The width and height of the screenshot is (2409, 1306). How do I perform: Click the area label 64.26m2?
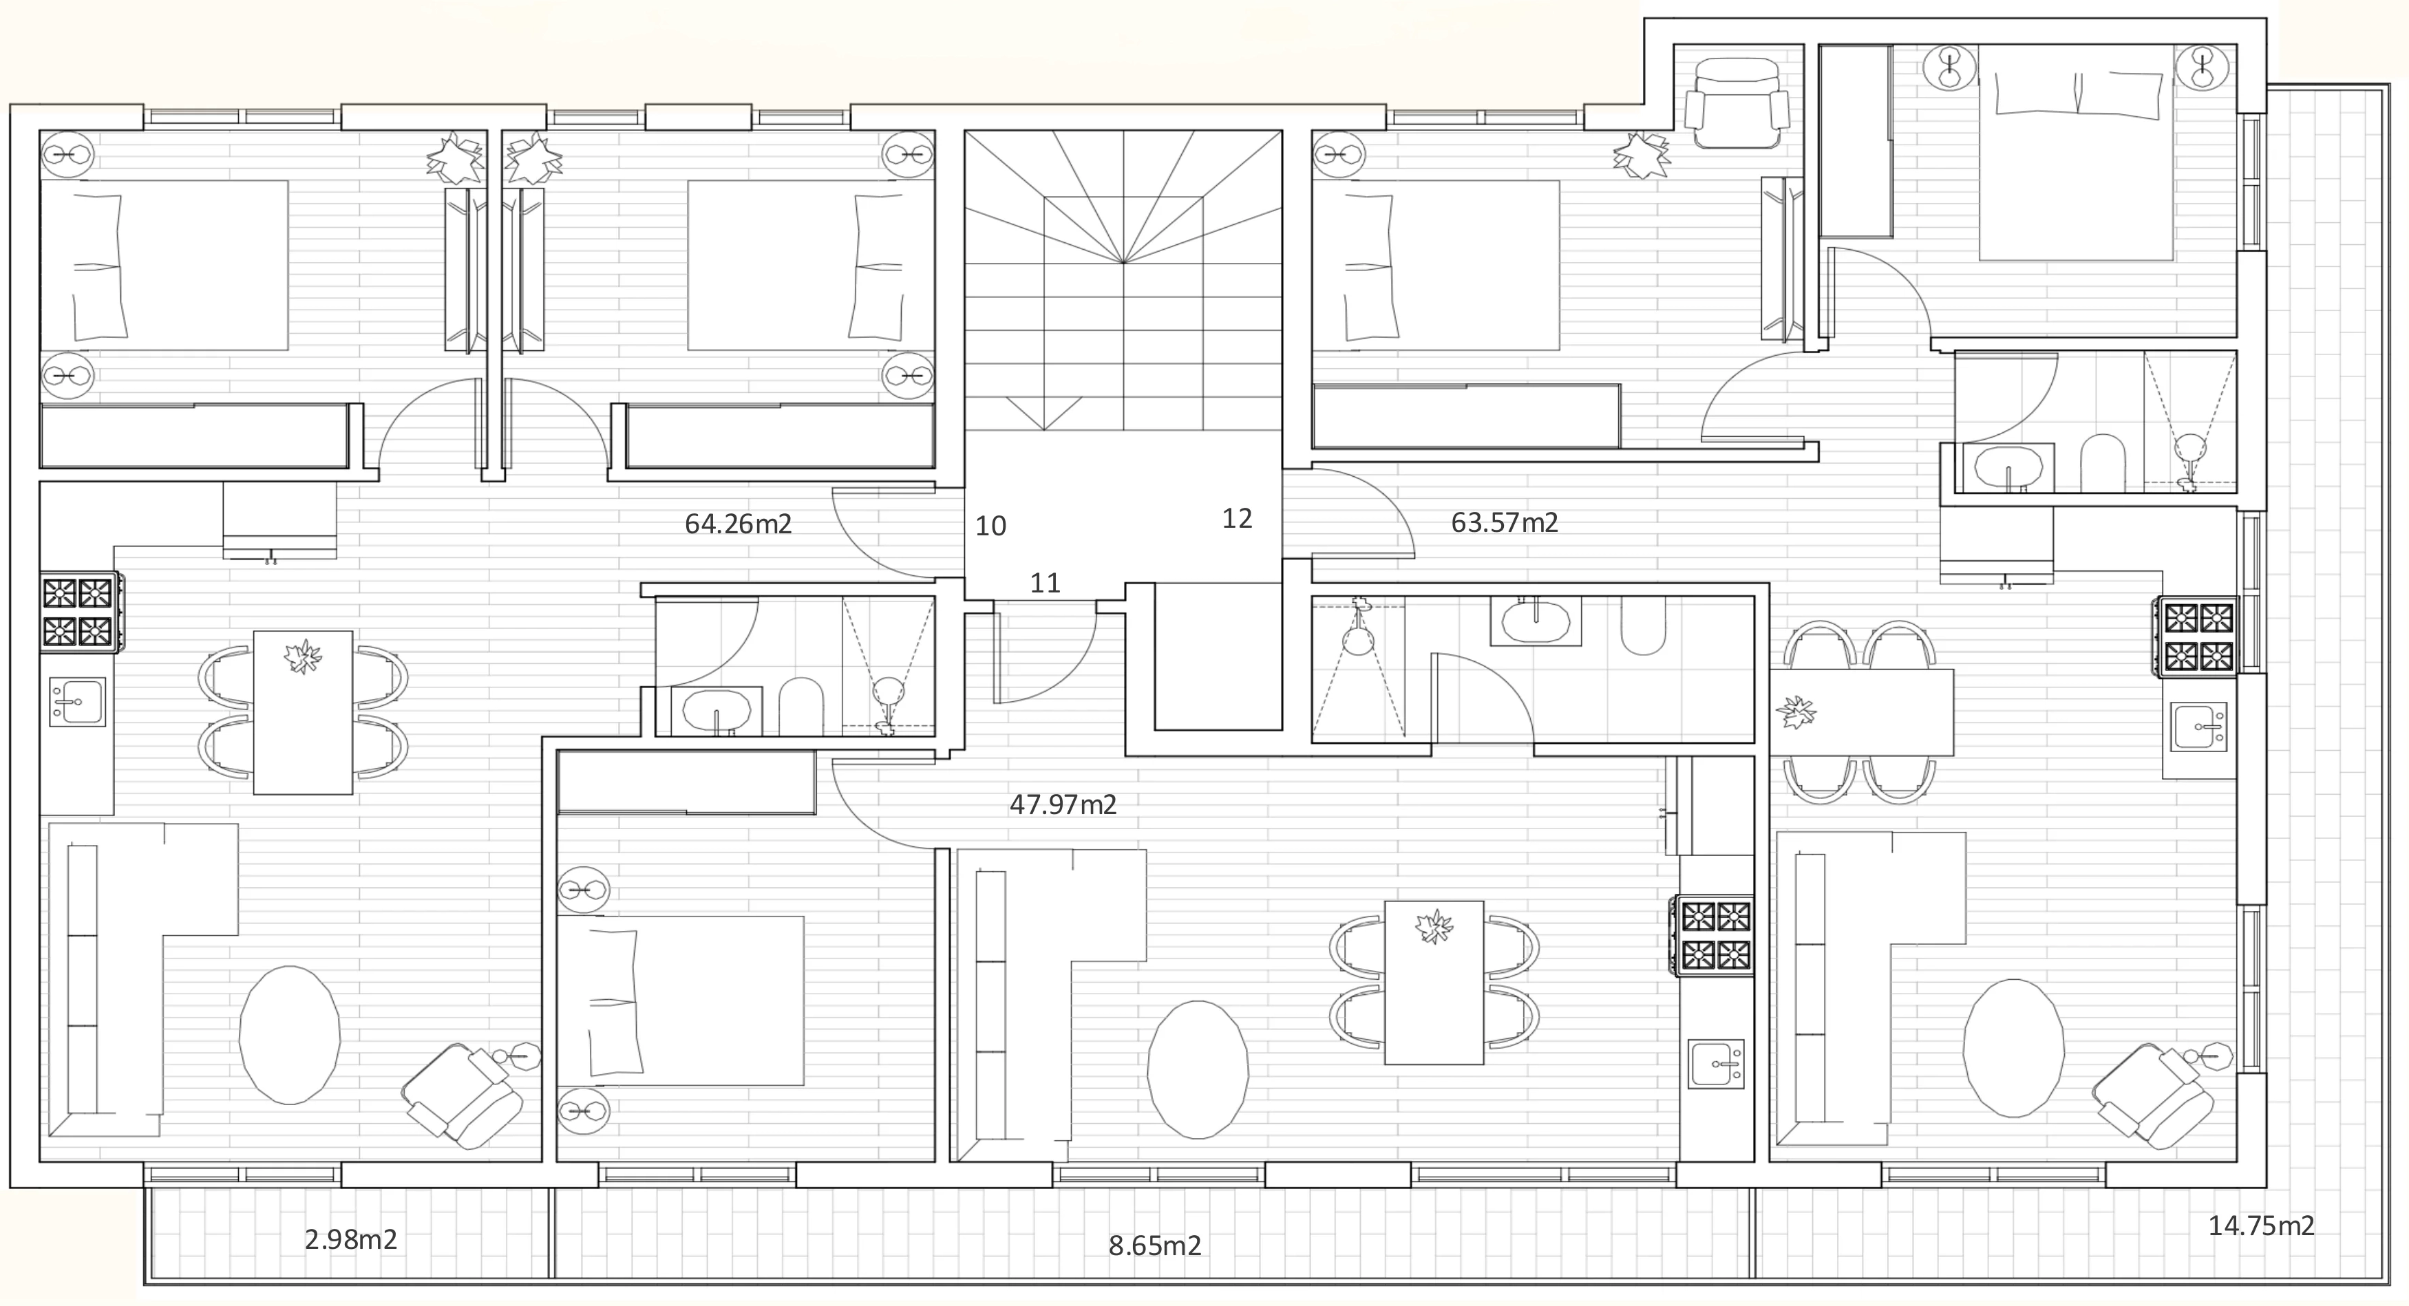point(738,524)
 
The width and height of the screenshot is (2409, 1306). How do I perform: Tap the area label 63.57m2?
point(1504,522)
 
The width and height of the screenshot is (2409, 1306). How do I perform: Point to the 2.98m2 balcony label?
point(351,1240)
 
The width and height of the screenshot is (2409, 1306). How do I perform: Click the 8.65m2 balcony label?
point(1155,1245)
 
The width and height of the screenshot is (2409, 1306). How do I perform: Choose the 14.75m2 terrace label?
point(2261,1225)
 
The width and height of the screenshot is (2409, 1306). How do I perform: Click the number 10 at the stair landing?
point(990,526)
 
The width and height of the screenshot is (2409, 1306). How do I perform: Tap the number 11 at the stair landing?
point(1045,584)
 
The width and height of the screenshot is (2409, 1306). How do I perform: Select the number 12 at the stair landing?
point(1236,519)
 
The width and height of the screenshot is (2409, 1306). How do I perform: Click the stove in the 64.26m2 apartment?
point(78,612)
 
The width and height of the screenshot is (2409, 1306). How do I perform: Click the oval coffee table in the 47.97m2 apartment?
point(1197,1069)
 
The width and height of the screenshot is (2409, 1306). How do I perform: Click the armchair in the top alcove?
point(1737,103)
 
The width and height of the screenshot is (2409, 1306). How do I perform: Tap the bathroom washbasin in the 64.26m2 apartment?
point(717,711)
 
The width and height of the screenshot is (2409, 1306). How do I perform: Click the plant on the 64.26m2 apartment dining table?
point(302,656)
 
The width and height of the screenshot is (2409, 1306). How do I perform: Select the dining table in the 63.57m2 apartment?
point(1862,711)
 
